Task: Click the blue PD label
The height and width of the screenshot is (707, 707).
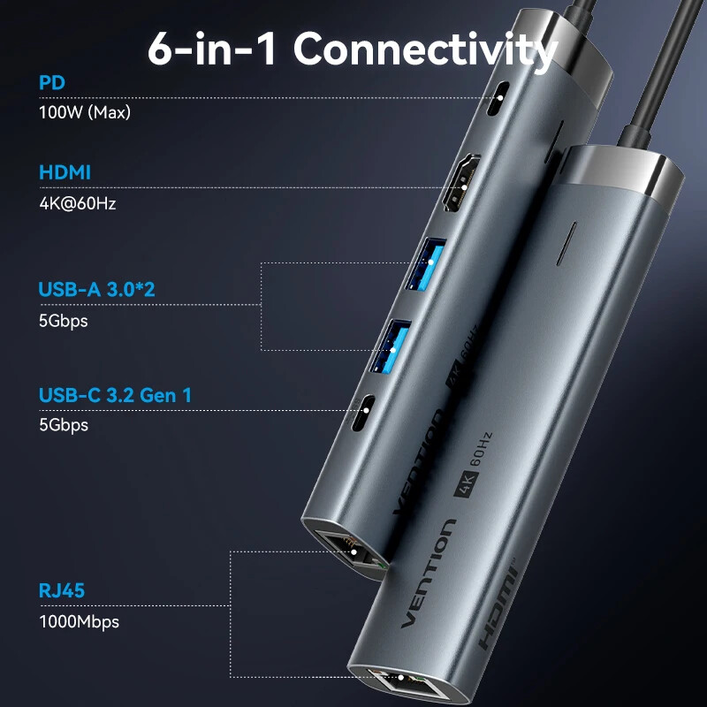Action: coord(51,83)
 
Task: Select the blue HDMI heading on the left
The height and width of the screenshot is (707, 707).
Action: coord(65,172)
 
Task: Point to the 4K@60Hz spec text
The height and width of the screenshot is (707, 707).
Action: coord(78,202)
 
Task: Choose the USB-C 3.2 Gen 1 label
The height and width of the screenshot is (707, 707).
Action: coord(115,395)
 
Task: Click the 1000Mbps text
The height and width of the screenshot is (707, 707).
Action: coord(79,621)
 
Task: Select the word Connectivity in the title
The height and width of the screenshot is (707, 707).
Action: coord(426,49)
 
